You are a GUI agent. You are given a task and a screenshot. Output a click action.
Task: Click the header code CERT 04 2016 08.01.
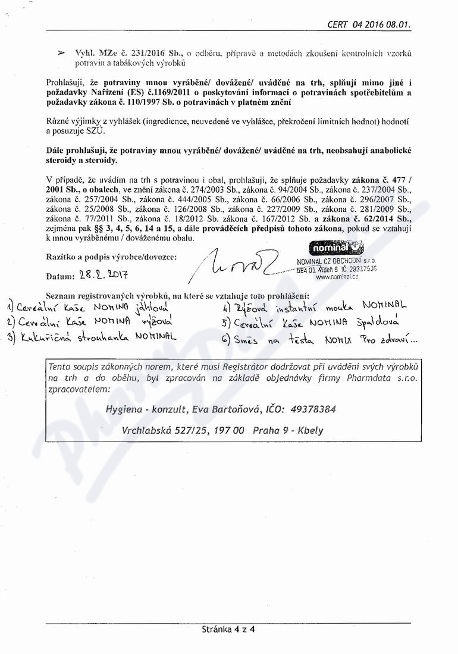[x=369, y=24]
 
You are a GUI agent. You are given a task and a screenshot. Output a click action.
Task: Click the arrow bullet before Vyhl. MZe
[x=61, y=53]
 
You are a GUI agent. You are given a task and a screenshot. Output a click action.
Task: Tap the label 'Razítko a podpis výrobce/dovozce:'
[x=111, y=256]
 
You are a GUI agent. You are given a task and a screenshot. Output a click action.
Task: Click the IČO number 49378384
[x=311, y=409]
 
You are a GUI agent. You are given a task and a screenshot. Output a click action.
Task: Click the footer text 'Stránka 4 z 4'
[x=228, y=629]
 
